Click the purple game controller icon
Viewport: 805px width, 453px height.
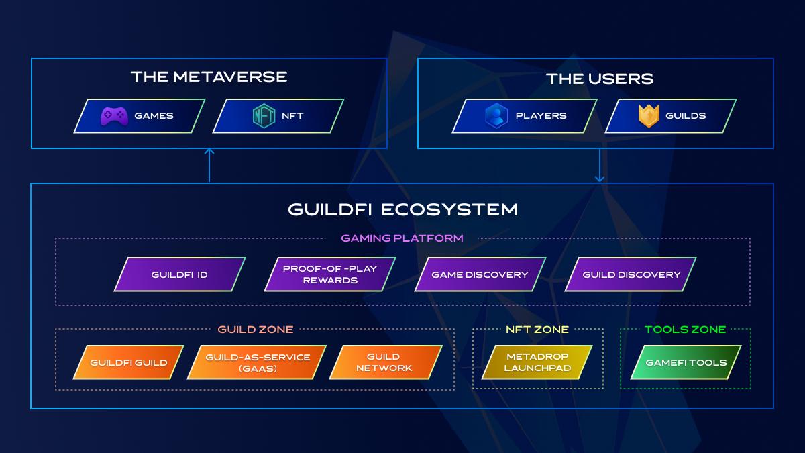(x=114, y=116)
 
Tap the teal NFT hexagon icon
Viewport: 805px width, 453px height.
(x=264, y=116)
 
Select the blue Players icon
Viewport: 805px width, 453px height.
(x=496, y=116)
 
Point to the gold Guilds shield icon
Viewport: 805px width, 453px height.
(x=648, y=116)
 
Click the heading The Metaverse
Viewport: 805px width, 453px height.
(x=209, y=77)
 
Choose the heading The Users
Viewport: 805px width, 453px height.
(x=600, y=79)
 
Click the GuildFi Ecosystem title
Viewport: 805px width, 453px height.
(x=402, y=209)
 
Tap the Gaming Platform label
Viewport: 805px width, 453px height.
(x=402, y=238)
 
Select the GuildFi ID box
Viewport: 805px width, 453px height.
(x=180, y=274)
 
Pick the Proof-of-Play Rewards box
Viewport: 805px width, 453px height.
(x=330, y=274)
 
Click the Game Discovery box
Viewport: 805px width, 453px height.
(x=480, y=274)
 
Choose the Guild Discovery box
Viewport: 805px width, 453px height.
(x=631, y=274)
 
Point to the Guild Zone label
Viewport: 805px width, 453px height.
(x=256, y=330)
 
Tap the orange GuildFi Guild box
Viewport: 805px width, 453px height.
(x=128, y=362)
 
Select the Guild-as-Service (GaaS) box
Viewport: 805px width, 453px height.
(x=258, y=362)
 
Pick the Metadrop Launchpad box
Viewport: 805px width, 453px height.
(x=537, y=362)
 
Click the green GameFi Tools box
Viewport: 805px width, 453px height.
(x=686, y=362)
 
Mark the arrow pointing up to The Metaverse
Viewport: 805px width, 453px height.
(x=209, y=164)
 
